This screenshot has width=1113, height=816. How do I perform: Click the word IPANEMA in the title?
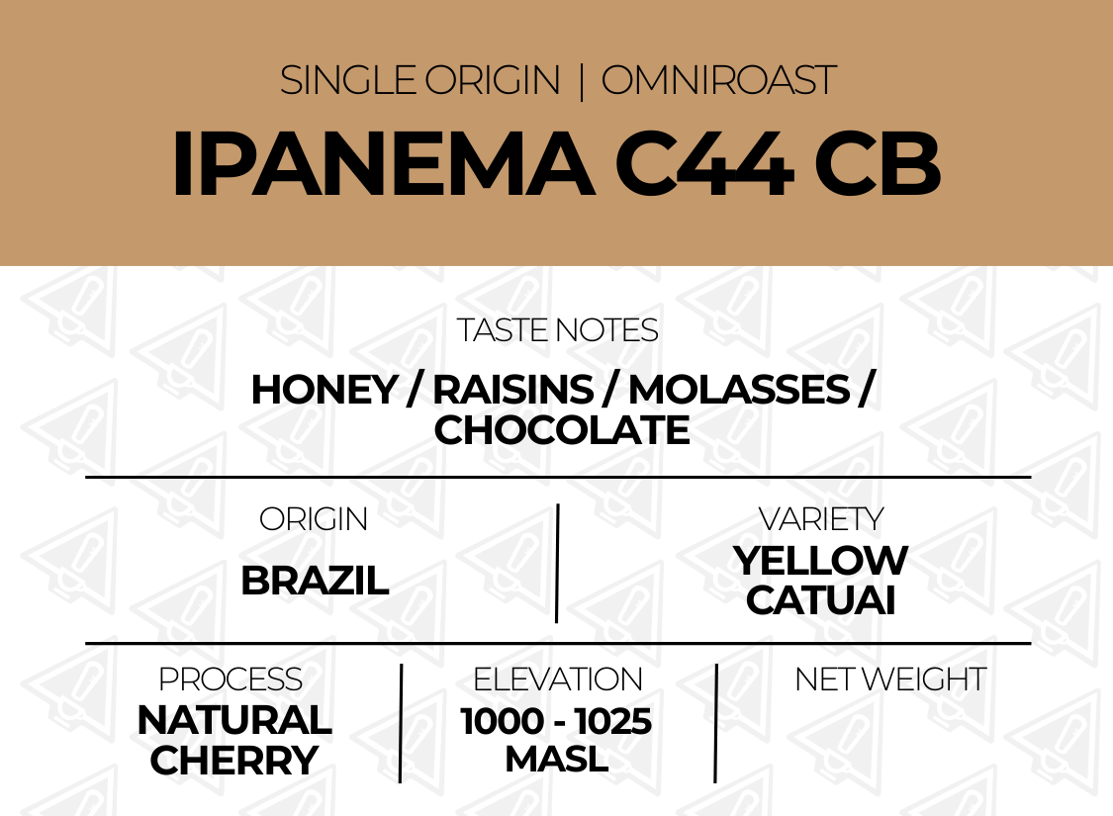383,164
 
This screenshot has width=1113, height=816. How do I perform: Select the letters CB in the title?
878,164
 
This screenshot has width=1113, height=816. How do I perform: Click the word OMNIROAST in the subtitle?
718,80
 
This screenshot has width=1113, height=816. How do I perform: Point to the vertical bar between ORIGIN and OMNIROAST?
582,81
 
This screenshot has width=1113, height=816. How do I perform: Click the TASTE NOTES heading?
557,330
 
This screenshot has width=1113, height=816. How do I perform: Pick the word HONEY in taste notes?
325,390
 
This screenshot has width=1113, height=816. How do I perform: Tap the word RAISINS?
512,390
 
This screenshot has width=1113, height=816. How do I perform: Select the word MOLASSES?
739,390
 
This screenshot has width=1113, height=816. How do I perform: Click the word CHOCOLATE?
562,430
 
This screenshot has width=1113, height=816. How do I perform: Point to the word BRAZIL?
315,582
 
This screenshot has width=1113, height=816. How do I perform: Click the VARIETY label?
820,519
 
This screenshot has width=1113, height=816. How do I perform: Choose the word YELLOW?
820,561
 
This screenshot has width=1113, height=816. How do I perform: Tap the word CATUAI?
820,600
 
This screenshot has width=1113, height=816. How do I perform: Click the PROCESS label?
231,680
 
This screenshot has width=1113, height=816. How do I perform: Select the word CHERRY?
233,761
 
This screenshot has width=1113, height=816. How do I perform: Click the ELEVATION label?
558,680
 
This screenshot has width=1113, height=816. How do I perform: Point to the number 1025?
613,722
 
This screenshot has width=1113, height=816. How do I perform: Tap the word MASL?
556,760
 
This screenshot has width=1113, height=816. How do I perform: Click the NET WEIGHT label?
890,680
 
